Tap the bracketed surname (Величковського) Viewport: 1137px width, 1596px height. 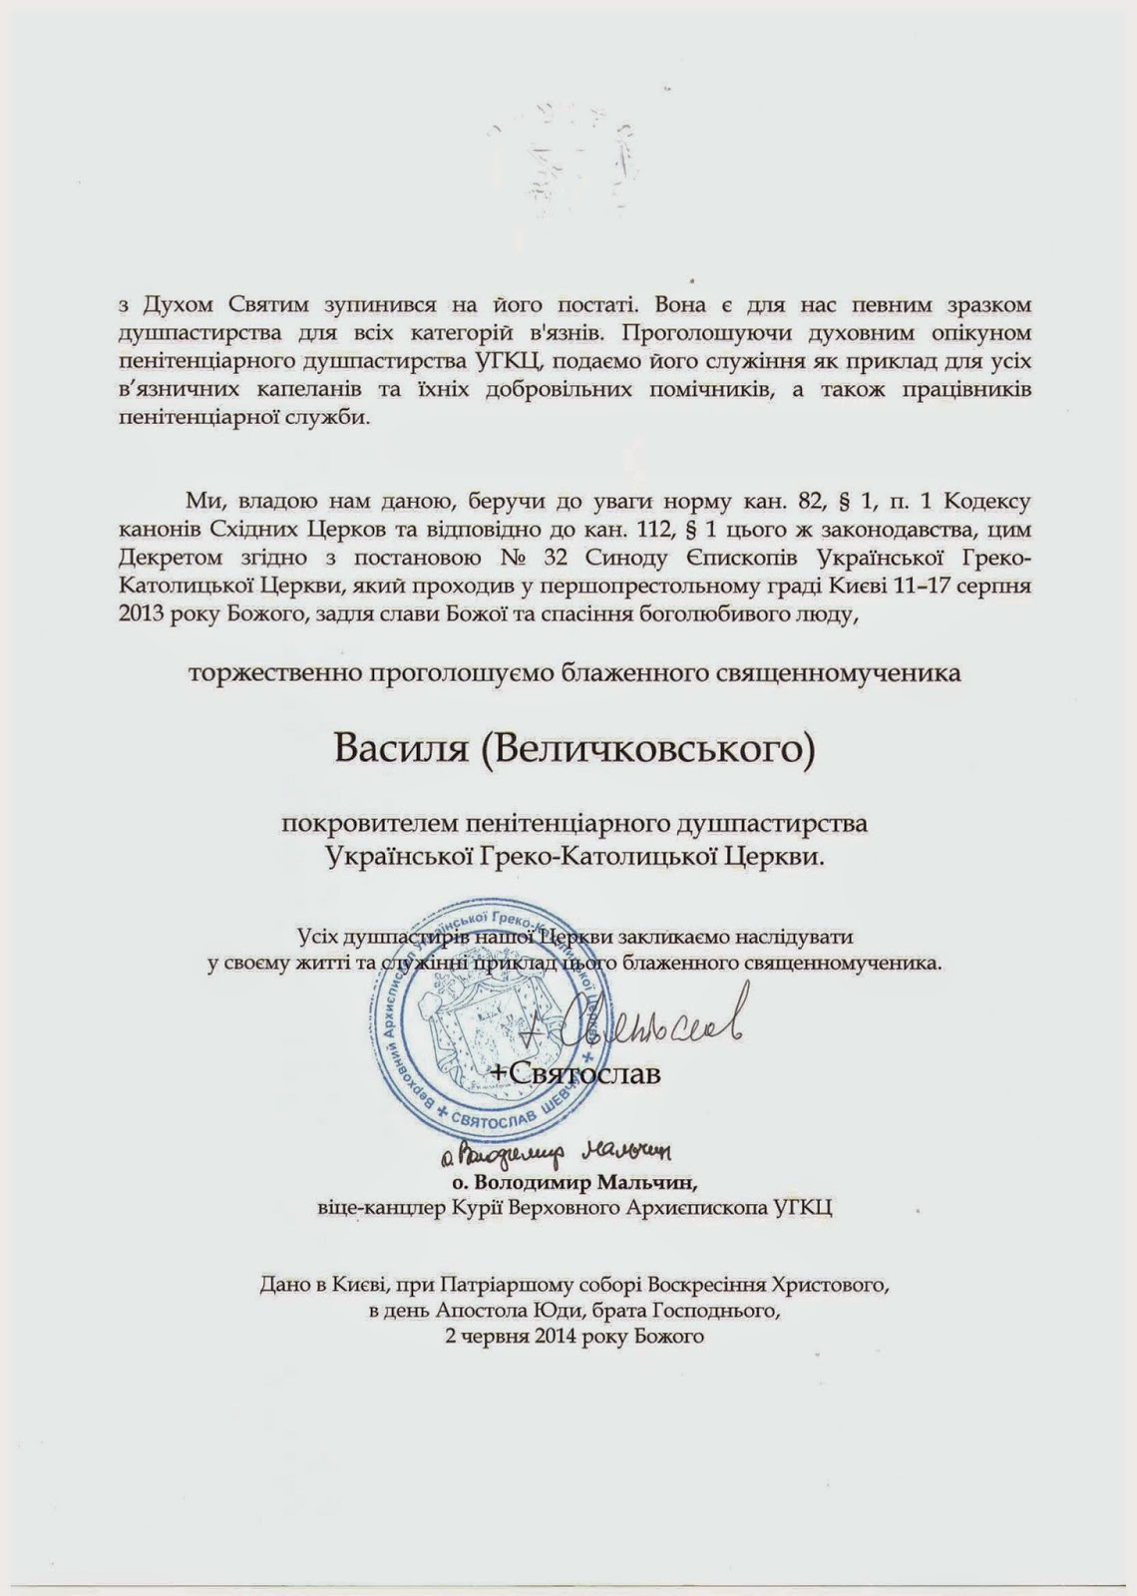[645, 747]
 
